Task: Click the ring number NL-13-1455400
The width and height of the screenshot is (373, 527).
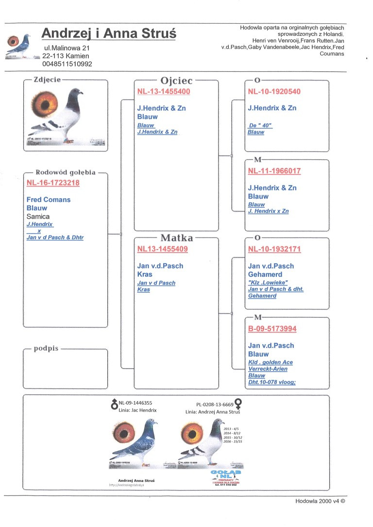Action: [x=164, y=91]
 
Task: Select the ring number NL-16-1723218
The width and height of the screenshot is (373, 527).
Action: [x=53, y=183]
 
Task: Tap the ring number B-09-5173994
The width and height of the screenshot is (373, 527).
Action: [x=272, y=329]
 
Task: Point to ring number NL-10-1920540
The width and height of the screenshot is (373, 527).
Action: [x=274, y=91]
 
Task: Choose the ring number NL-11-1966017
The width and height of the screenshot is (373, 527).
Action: [x=274, y=171]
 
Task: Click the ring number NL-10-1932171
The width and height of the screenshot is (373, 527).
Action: [x=274, y=249]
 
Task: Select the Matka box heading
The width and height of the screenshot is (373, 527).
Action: [x=177, y=238]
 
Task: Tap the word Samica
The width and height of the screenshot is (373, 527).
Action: [x=38, y=216]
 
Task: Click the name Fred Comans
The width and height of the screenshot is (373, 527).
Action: [x=49, y=200]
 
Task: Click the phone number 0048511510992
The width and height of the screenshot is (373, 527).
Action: [x=67, y=64]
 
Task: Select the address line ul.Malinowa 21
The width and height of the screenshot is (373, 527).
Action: [x=67, y=48]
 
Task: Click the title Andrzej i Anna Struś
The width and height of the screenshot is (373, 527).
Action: [x=109, y=34]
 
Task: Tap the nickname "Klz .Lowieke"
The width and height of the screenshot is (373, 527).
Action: [x=268, y=283]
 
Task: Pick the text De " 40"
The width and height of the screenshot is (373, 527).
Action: [x=260, y=126]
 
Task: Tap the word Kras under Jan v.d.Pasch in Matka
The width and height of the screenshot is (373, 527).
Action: [x=145, y=274]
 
